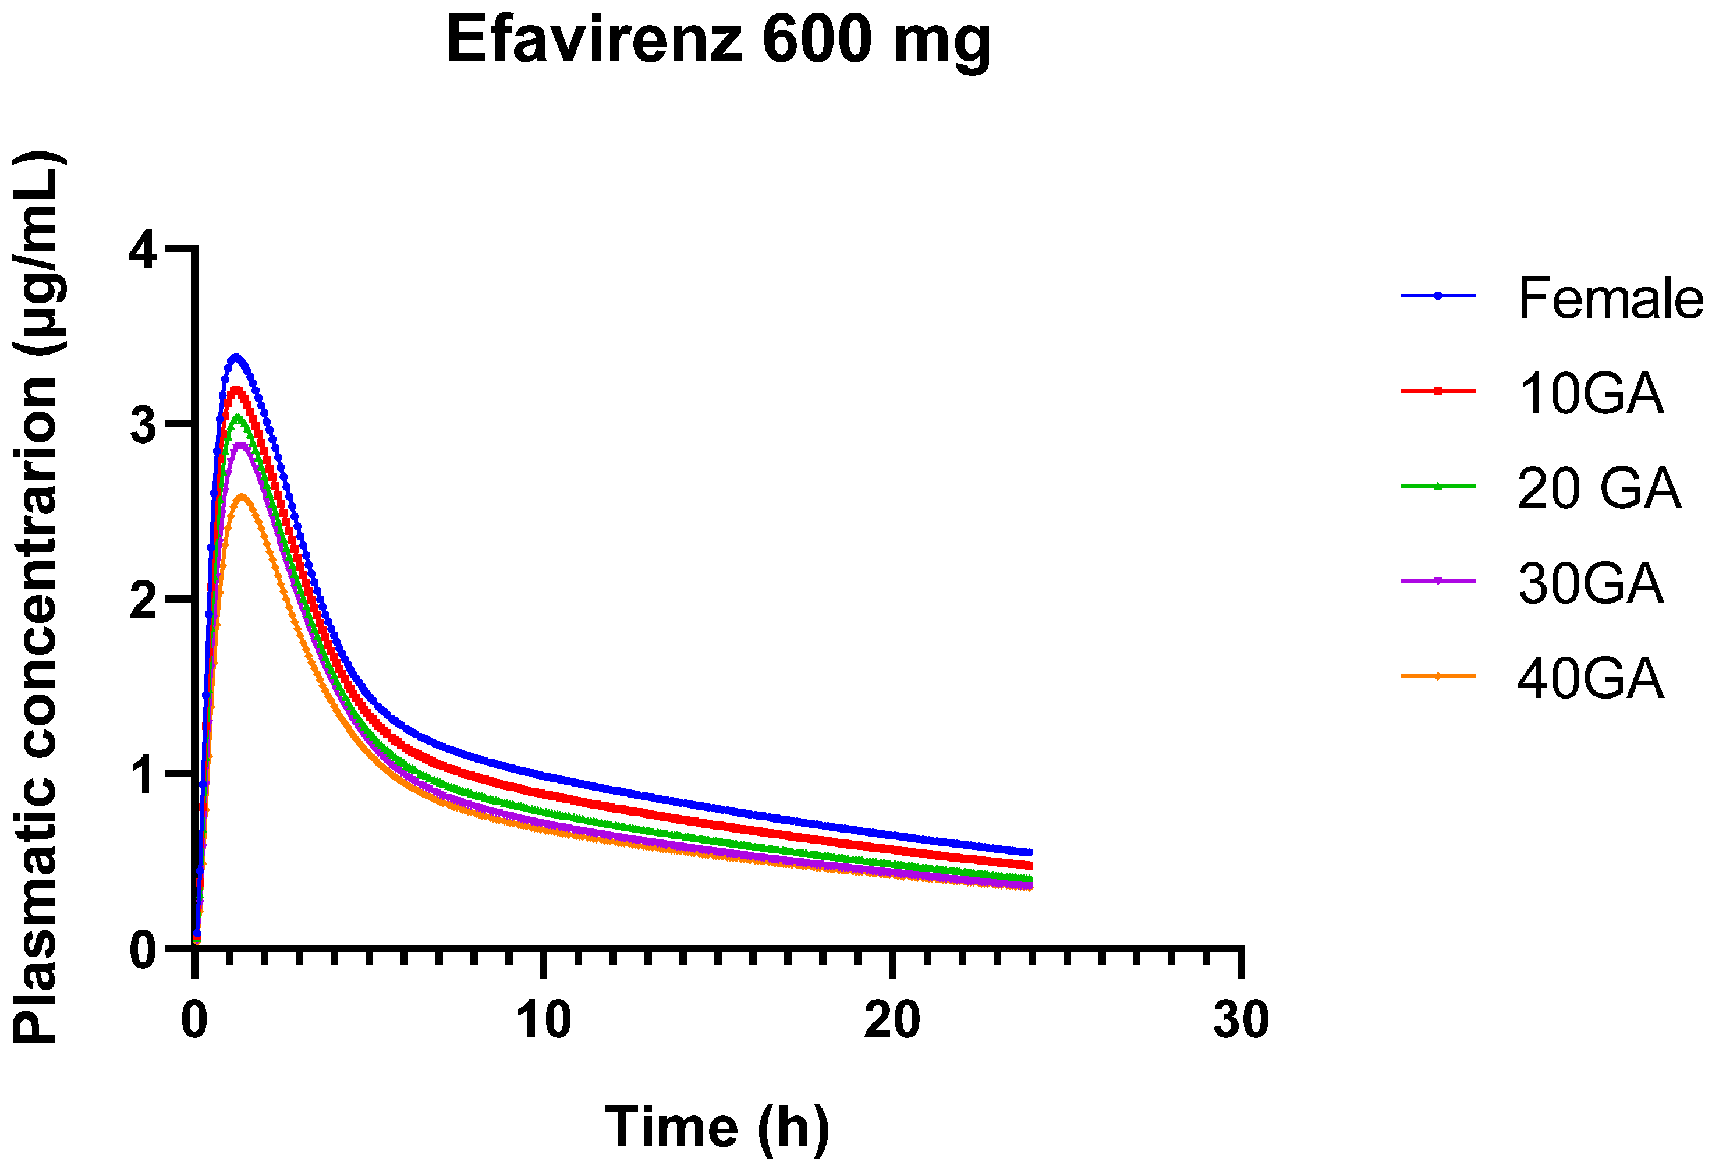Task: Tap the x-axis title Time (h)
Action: [x=717, y=1127]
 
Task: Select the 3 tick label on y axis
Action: [x=143, y=425]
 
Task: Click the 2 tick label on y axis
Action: [x=143, y=600]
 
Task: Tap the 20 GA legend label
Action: [x=1598, y=488]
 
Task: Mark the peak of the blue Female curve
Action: [x=236, y=357]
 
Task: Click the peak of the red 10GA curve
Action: [x=236, y=389]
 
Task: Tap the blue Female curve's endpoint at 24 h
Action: [x=1030, y=852]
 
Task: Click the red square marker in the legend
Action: [x=1437, y=391]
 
